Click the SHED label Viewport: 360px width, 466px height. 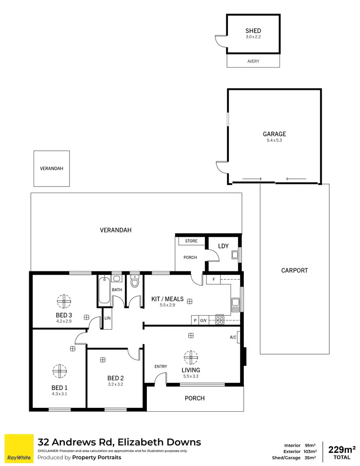[x=253, y=31]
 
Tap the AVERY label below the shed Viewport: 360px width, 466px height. [x=253, y=61]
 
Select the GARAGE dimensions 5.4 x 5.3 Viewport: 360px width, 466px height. [x=274, y=140]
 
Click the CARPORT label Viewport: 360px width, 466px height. [x=294, y=270]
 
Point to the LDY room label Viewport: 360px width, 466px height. [x=223, y=246]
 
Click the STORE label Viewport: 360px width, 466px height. [x=191, y=241]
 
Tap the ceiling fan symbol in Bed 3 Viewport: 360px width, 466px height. [x=63, y=301]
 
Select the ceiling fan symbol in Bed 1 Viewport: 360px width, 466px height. [x=60, y=371]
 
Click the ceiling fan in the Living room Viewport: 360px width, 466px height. [x=191, y=357]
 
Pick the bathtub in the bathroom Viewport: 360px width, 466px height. [x=104, y=291]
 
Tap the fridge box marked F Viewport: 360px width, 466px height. [x=214, y=279]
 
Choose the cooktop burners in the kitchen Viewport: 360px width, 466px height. [x=219, y=319]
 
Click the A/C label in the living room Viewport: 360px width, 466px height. [x=233, y=337]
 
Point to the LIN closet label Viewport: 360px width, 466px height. [x=108, y=319]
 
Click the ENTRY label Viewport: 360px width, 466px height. [x=161, y=367]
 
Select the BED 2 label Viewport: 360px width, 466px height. [x=116, y=378]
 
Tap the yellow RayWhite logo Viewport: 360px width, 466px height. [x=19, y=449]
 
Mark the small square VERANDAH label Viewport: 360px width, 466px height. [x=51, y=169]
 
